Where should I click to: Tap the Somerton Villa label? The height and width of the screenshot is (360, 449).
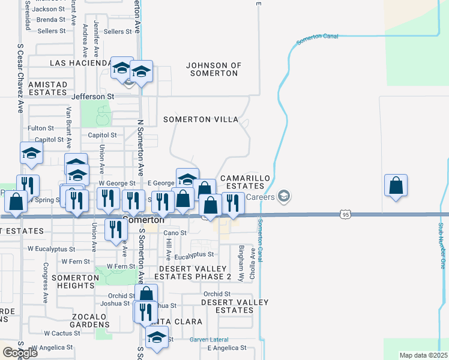pos(201,120)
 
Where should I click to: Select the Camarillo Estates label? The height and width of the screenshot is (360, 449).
pos(242,182)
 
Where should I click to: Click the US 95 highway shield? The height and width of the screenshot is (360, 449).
pos(344,214)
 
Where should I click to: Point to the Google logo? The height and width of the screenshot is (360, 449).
pos(20,352)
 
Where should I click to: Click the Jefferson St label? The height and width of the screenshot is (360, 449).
pos(92,96)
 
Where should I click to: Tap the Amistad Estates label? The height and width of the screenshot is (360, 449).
pos(38,88)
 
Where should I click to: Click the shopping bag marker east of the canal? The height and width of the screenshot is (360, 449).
pos(396,186)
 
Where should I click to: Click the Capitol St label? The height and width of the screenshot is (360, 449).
pos(102,135)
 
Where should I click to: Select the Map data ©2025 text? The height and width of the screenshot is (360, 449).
pos(423,355)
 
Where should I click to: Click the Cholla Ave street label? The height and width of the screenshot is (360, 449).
pos(253,263)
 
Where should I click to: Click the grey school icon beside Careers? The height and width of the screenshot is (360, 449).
pos(285,196)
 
